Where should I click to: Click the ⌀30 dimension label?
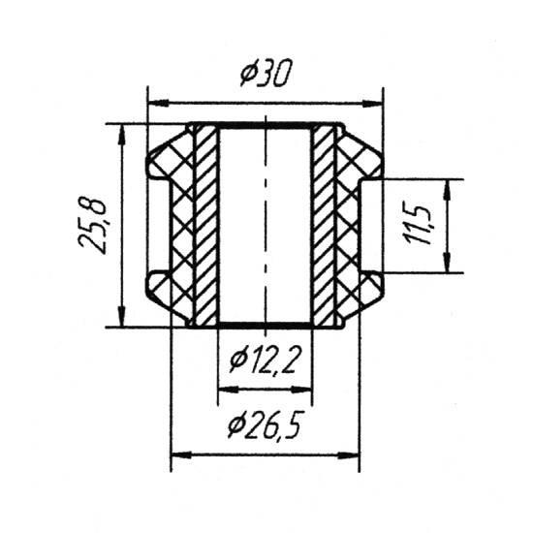pos(266,73)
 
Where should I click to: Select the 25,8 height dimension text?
pos(92,225)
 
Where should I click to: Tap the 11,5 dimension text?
pos(417,225)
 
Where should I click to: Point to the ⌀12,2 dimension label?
pos(266,361)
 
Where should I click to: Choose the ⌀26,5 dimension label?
pos(265,423)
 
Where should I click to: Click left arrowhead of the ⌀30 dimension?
pos(159,103)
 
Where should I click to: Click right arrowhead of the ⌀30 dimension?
pos(372,104)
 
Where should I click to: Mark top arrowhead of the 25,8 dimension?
pos(122,135)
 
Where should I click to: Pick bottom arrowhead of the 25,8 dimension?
pos(122,317)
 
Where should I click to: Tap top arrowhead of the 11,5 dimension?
pos(448,190)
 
